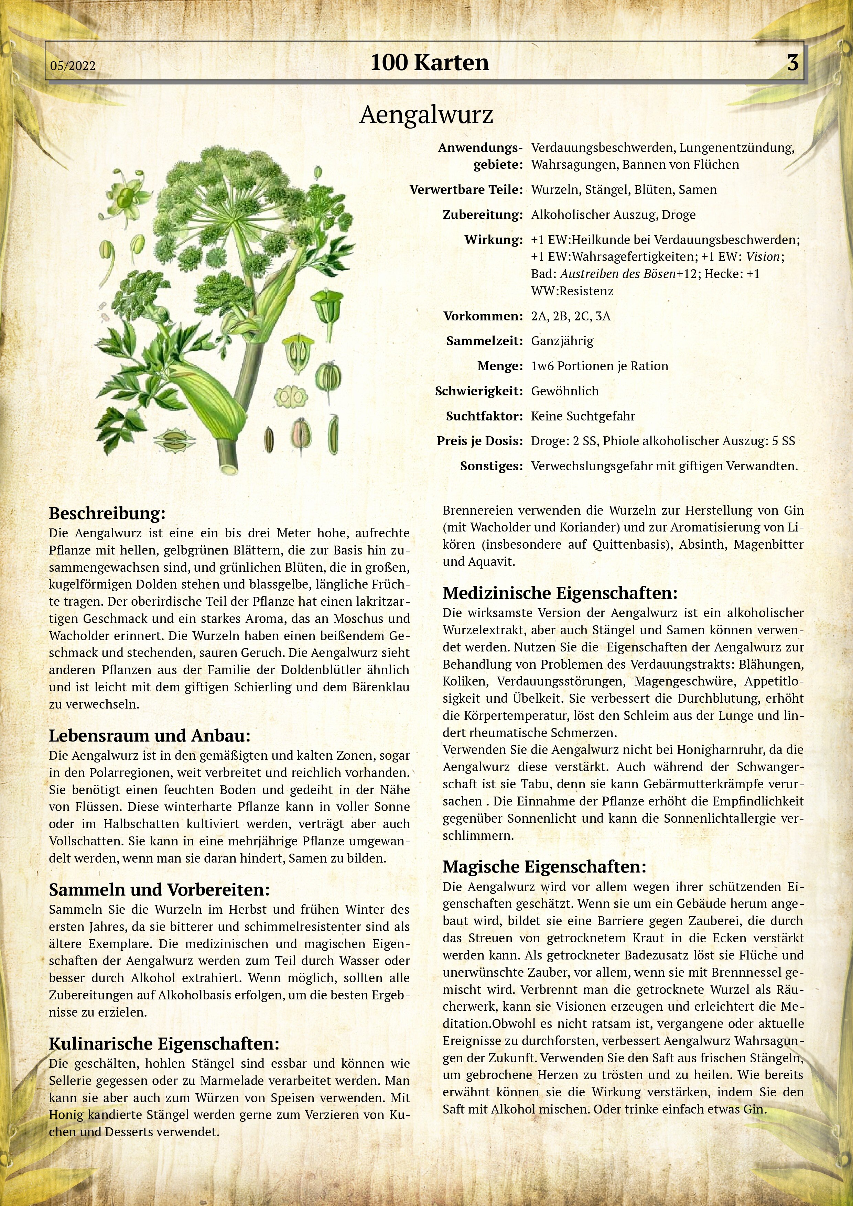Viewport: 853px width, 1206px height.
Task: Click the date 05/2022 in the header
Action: pyautogui.click(x=73, y=66)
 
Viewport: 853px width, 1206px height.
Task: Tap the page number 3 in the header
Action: pyautogui.click(x=792, y=63)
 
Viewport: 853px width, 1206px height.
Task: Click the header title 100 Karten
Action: pyautogui.click(x=429, y=63)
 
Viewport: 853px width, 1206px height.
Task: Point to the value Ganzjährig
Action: pyautogui.click(x=562, y=341)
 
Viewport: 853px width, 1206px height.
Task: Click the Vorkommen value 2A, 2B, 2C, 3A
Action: pyautogui.click(x=571, y=316)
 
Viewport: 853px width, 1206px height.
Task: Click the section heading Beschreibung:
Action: pyautogui.click(x=107, y=513)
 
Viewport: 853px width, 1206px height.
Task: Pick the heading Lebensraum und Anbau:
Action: pyautogui.click(x=150, y=735)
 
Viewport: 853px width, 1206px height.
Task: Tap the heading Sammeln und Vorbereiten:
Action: pyautogui.click(x=159, y=890)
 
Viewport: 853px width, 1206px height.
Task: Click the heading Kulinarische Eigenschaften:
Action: pyautogui.click(x=164, y=1044)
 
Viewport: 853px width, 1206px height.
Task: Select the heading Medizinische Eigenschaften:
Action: pyautogui.click(x=560, y=593)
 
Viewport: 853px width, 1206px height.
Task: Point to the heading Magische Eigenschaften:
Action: pyautogui.click(x=544, y=867)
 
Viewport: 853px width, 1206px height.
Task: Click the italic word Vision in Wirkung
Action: pyautogui.click(x=763, y=257)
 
